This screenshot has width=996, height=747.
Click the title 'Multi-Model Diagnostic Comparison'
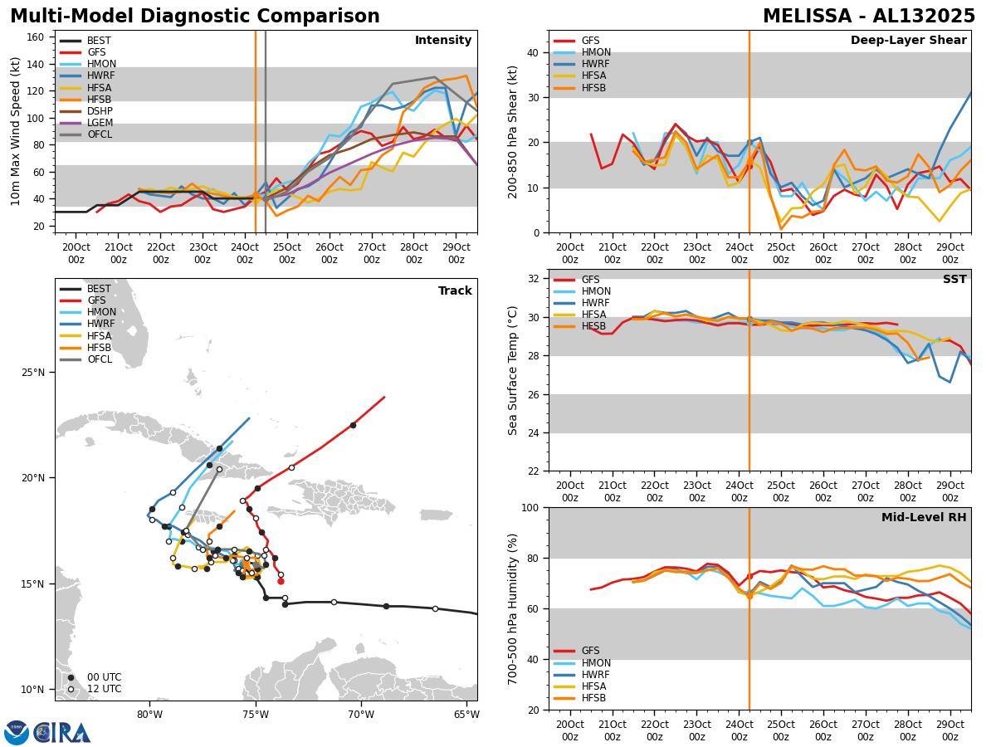click(x=194, y=17)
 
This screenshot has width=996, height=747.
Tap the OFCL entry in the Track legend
click(x=100, y=359)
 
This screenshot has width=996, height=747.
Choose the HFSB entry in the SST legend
click(x=593, y=327)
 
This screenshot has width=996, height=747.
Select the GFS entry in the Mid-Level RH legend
click(x=589, y=652)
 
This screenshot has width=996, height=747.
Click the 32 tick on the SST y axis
click(x=535, y=279)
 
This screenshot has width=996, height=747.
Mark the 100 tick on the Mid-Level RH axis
click(x=532, y=507)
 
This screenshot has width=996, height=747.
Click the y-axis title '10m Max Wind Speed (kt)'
click(x=16, y=131)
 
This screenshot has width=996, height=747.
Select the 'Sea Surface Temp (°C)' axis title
click(x=513, y=370)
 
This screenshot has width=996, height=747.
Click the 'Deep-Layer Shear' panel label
click(x=908, y=41)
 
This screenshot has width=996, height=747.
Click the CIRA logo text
click(x=62, y=733)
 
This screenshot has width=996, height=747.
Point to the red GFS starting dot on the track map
click(x=281, y=581)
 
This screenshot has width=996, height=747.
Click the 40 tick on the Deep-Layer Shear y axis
click(x=532, y=52)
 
